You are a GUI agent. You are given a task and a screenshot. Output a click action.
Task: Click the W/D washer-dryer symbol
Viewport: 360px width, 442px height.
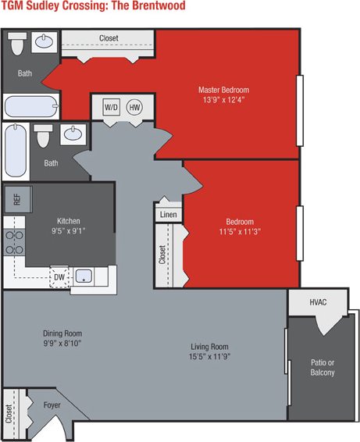tap(110, 106)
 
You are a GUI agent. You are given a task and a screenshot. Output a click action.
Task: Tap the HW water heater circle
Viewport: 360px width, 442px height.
tap(135, 106)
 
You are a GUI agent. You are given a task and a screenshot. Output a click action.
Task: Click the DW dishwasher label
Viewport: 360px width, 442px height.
tap(59, 276)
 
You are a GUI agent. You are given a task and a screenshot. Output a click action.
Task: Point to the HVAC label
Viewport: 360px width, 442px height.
tap(318, 301)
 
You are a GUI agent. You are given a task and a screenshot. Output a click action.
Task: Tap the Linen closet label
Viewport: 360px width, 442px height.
tap(168, 214)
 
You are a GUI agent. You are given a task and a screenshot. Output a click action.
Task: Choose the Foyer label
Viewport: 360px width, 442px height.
tap(52, 405)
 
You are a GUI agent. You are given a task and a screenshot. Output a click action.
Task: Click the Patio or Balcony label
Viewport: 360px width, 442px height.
tap(321, 367)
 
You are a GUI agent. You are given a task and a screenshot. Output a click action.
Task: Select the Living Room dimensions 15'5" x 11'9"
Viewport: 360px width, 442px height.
tap(209, 357)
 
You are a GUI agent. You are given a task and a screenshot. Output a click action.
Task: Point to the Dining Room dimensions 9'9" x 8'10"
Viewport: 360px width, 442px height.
tap(62, 343)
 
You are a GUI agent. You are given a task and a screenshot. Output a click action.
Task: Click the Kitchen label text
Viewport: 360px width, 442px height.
tap(69, 221)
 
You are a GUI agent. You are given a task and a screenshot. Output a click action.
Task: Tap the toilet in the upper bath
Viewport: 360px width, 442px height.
tap(18, 44)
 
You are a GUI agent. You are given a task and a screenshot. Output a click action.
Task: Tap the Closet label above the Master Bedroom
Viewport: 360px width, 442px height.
tap(109, 38)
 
